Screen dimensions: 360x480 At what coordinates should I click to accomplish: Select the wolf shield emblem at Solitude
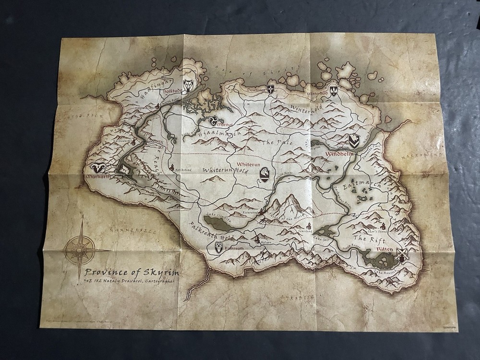pyautogui.click(x=190, y=85)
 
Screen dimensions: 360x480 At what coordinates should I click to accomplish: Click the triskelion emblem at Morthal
pyautogui.click(x=215, y=119)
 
